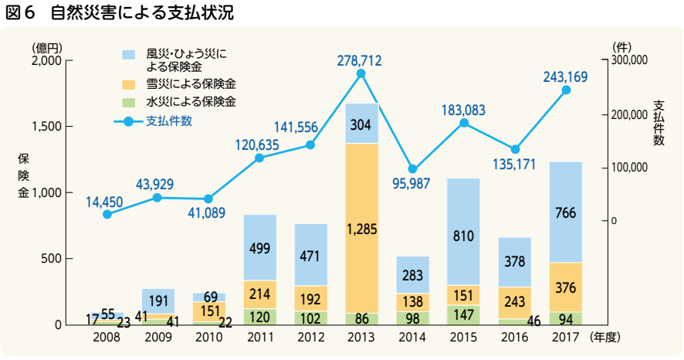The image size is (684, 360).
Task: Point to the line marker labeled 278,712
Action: (x=361, y=73)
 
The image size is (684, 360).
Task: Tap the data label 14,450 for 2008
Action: (x=104, y=202)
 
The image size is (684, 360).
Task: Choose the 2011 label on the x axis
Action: (x=259, y=338)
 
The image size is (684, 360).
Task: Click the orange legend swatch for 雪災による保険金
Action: (x=130, y=83)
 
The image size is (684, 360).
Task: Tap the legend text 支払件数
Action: (x=169, y=121)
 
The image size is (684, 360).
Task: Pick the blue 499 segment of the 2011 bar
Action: (x=259, y=247)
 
